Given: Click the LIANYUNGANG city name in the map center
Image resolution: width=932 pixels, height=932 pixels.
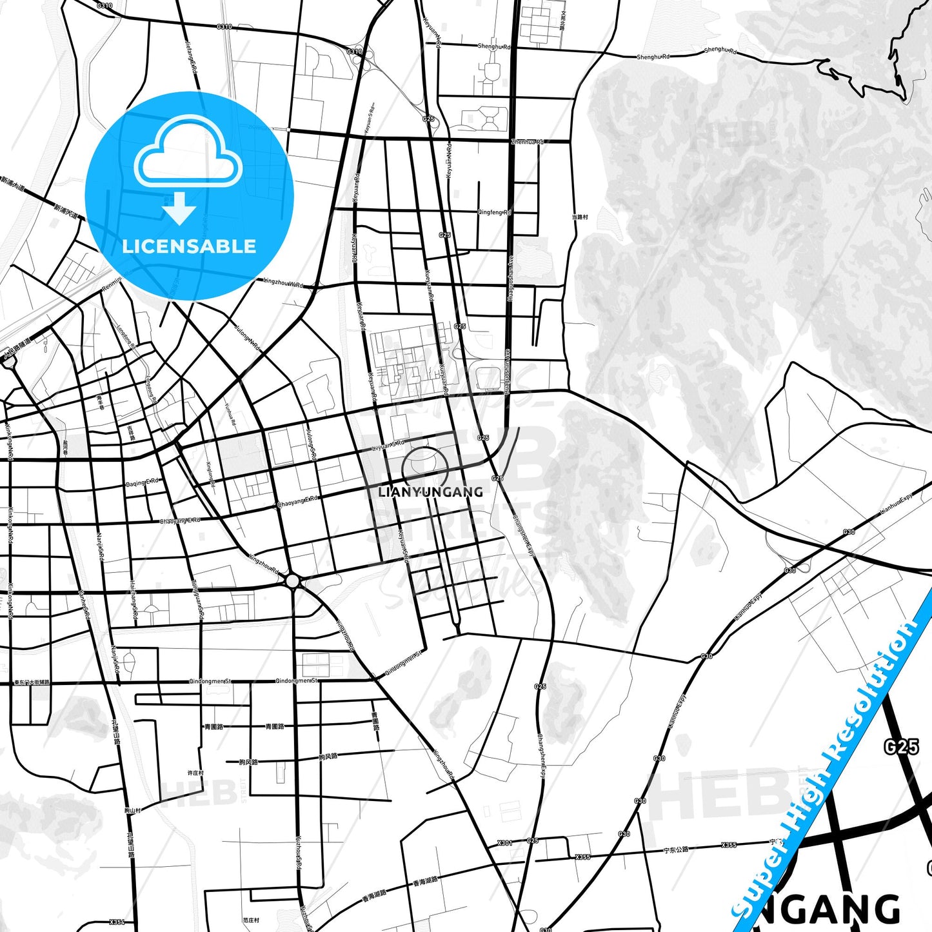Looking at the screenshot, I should pyautogui.click(x=430, y=492).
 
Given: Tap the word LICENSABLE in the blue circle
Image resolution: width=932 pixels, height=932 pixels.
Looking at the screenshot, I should pyautogui.click(x=189, y=246).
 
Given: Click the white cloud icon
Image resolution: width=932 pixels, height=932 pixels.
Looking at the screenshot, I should pyautogui.click(x=188, y=154).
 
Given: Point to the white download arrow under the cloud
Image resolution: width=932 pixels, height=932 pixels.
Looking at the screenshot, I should pyautogui.click(x=179, y=208).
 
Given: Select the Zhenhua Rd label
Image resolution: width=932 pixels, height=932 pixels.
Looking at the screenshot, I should pyautogui.click(x=527, y=142).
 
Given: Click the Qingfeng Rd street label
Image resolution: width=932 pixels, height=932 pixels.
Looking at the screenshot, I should pyautogui.click(x=494, y=212).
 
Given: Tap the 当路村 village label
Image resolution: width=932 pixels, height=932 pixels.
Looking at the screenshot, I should pyautogui.click(x=580, y=217).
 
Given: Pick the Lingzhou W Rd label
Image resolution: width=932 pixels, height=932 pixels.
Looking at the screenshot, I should pyautogui.click(x=284, y=283).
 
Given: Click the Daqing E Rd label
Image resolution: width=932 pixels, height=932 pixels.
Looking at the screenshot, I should pyautogui.click(x=142, y=482).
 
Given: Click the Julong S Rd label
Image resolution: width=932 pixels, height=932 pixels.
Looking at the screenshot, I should pyautogui.click(x=312, y=445).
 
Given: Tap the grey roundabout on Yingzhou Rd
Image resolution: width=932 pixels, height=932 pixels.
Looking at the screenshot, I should pyautogui.click(x=293, y=582).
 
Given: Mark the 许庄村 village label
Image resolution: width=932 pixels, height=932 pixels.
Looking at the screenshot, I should pyautogui.click(x=195, y=773).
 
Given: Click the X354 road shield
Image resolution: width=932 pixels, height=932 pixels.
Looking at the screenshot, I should pyautogui.click(x=117, y=922).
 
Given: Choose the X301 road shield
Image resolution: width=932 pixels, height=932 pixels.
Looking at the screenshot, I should pyautogui.click(x=505, y=843).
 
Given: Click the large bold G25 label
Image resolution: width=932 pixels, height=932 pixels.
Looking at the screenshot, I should pyautogui.click(x=901, y=747).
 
